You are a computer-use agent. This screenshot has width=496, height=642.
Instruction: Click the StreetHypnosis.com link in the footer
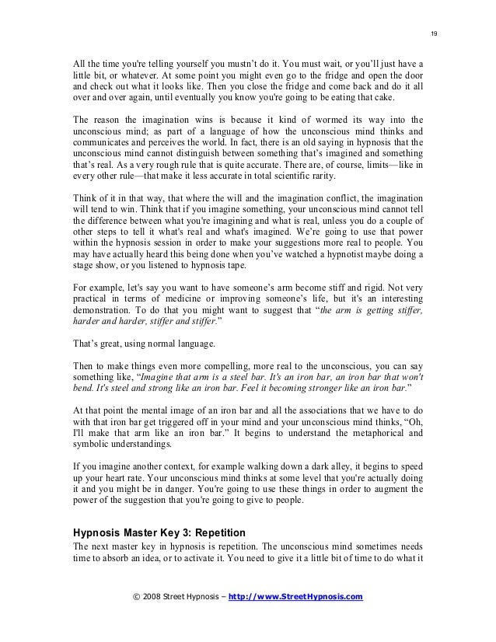pos(296,597)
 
